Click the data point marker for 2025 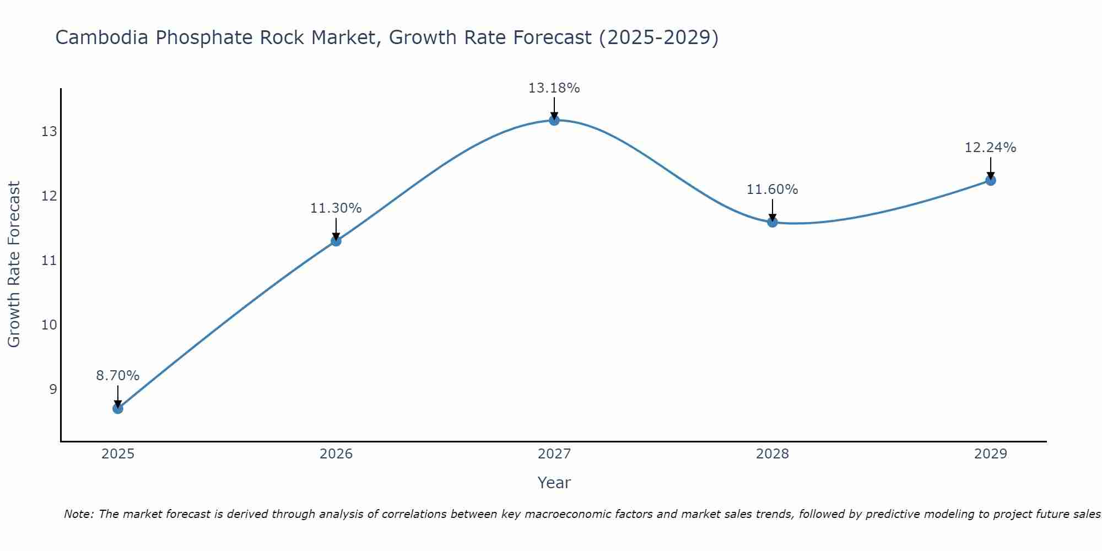click(118, 408)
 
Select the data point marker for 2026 click(336, 241)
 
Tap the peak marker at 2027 click(554, 120)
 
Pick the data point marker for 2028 click(773, 222)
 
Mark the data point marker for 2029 click(991, 180)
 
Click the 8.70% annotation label click(118, 376)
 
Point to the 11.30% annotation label click(336, 208)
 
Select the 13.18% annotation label click(554, 88)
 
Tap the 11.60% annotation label click(773, 190)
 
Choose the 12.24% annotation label click(991, 148)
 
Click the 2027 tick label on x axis click(554, 454)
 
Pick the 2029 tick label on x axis click(991, 454)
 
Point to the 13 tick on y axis click(49, 132)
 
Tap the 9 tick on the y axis click(53, 390)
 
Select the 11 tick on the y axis click(49, 261)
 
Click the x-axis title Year click(554, 483)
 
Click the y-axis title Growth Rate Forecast click(14, 264)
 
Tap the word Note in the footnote click(78, 514)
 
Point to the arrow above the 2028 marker click(773, 209)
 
